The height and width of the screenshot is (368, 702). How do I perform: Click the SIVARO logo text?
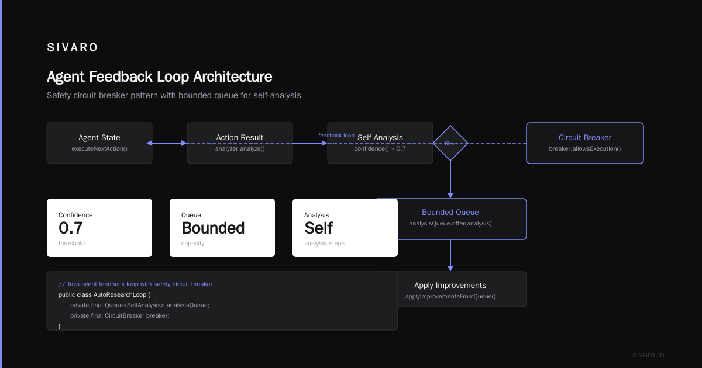tap(73, 47)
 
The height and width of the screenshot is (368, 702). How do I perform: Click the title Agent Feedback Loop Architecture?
tap(160, 77)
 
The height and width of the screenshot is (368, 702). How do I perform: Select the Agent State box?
tap(99, 143)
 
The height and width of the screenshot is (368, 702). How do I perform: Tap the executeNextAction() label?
tap(99, 148)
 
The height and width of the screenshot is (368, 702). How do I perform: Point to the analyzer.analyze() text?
tap(240, 148)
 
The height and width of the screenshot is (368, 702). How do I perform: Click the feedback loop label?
tap(336, 136)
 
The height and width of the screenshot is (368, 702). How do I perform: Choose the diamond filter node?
tap(450, 143)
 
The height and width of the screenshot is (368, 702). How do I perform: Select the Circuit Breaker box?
tap(585, 143)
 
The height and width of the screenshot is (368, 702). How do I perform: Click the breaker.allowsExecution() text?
tap(585, 148)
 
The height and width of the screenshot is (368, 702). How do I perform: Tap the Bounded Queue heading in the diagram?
tap(450, 212)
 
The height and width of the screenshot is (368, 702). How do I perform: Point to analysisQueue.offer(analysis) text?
tap(450, 223)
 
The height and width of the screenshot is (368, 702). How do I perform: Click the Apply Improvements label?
tap(450, 286)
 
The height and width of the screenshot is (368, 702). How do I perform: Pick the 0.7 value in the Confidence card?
tap(71, 228)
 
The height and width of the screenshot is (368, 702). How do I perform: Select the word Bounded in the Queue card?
tap(213, 228)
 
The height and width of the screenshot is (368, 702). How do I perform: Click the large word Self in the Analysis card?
tap(318, 228)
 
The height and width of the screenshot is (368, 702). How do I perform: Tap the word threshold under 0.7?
tap(71, 243)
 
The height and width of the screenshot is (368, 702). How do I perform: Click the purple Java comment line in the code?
tap(135, 284)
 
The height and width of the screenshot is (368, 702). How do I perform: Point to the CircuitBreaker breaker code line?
tap(120, 316)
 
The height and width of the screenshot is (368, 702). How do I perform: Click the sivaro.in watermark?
tap(648, 355)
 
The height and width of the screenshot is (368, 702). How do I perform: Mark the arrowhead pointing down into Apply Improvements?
tap(450, 268)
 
